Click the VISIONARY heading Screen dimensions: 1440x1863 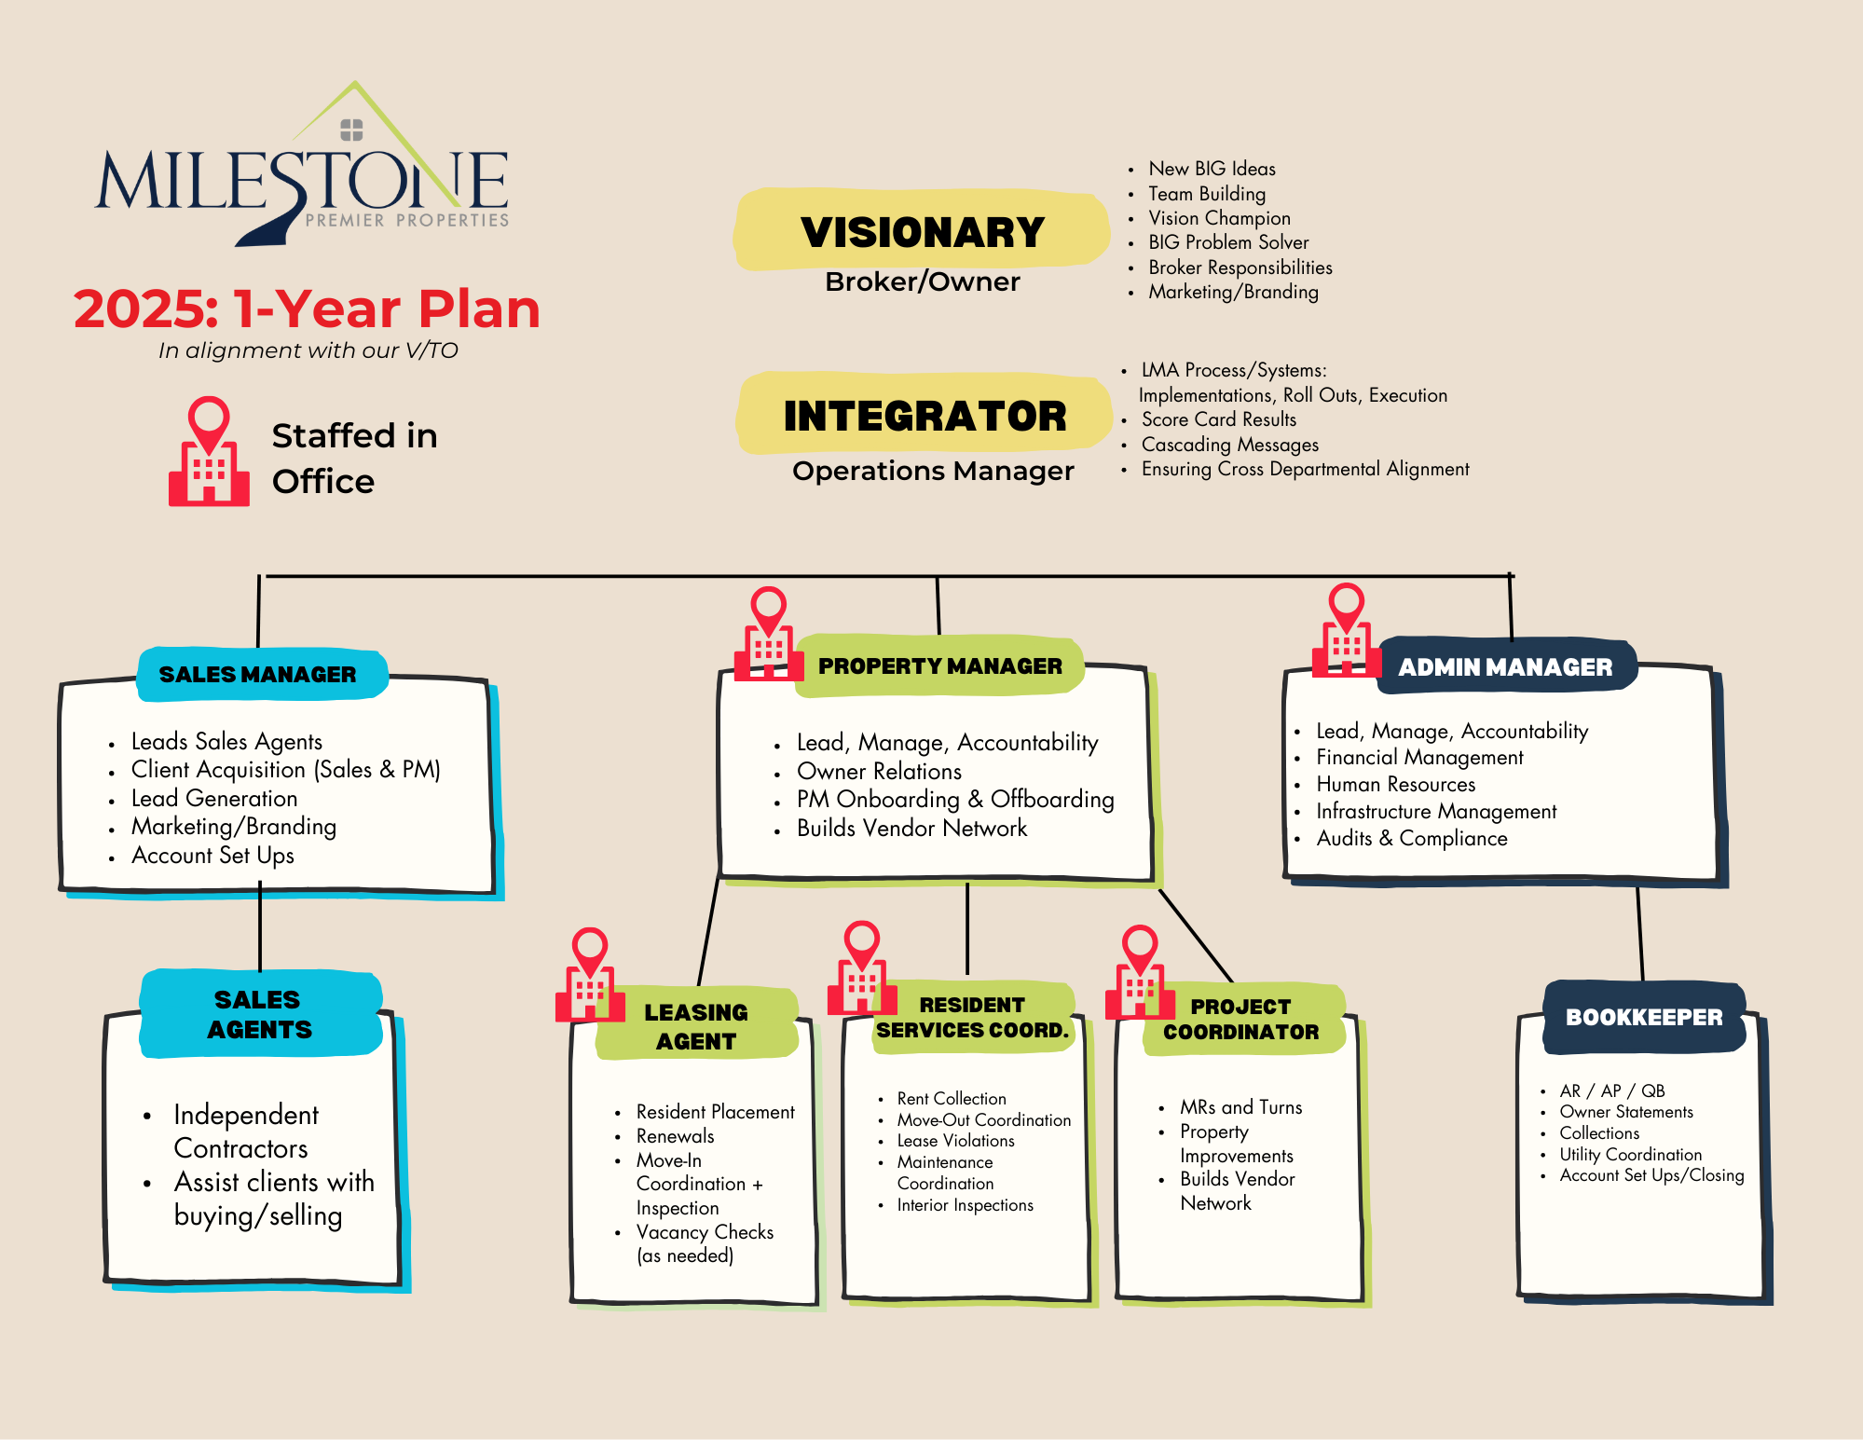[x=923, y=232]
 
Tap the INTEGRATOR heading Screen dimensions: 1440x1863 [x=925, y=416]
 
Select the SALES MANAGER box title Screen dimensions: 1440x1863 [x=258, y=674]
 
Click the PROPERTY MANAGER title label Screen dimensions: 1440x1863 [x=939, y=665]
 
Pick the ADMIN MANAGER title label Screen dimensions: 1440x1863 [x=1505, y=667]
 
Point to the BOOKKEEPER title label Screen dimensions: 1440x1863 [x=1644, y=1017]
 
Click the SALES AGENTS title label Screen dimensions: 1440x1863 [x=259, y=1014]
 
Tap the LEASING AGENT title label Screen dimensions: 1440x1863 [x=695, y=1026]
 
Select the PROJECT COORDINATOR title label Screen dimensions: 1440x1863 [x=1240, y=1020]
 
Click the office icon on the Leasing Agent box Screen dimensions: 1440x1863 [x=589, y=977]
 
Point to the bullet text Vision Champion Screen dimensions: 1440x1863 [x=1219, y=218]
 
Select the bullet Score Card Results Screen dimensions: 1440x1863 [x=1219, y=419]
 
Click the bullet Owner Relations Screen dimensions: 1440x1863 [x=879, y=772]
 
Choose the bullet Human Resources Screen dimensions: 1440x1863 [x=1395, y=784]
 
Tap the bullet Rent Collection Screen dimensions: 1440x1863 [x=952, y=1099]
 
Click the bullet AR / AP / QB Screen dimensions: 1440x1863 [x=1612, y=1090]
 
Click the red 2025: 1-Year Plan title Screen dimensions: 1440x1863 [x=307, y=309]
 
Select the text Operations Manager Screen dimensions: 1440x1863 [x=933, y=471]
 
